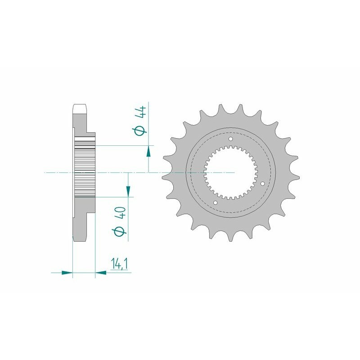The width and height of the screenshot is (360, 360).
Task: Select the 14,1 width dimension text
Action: coord(119,264)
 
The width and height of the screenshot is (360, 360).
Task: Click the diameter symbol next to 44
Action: coord(141,130)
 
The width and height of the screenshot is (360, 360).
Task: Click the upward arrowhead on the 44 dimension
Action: coord(148,153)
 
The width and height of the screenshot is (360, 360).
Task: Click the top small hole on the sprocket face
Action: coord(231,139)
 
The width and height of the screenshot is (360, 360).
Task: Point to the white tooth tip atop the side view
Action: coord(79,109)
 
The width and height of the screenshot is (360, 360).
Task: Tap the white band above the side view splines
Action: coord(85,139)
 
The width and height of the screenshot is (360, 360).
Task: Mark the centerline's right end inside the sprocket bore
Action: coord(234,172)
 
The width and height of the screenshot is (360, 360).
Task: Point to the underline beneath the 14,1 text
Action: coord(118,272)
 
